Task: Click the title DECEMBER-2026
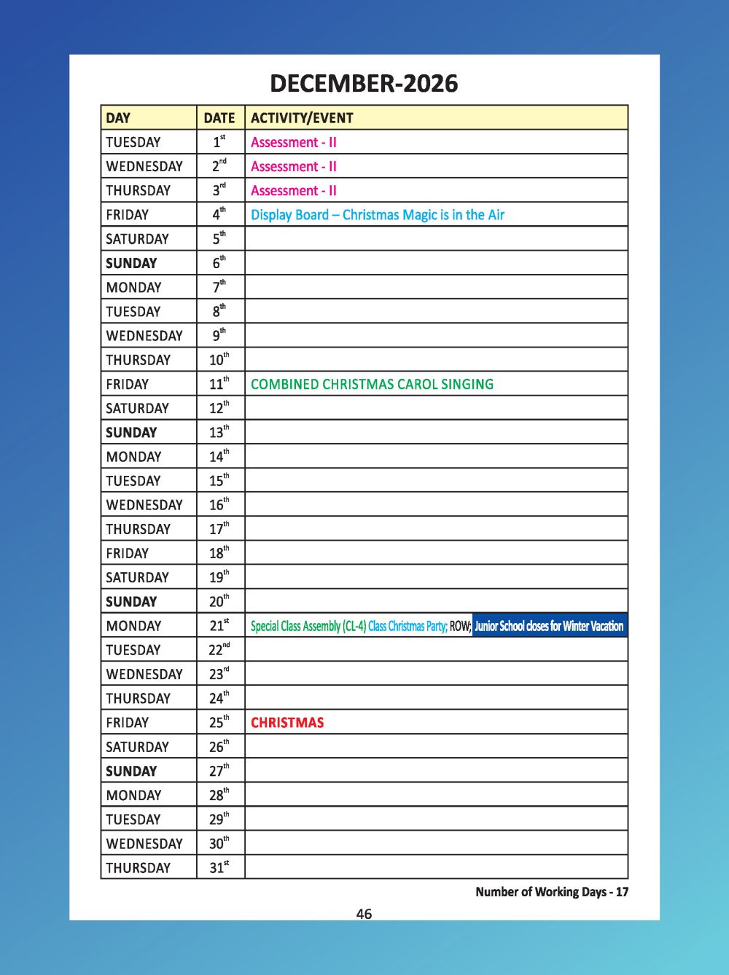coord(364,84)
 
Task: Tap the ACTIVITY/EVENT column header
coord(302,118)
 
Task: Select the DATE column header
coord(219,118)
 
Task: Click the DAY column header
coord(118,118)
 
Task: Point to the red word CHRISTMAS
coord(287,723)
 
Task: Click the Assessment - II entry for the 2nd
coord(294,167)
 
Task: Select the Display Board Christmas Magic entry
coord(378,215)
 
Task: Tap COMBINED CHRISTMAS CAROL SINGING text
coord(372,384)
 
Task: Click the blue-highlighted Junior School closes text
coord(549,626)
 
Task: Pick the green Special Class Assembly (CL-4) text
coord(308,626)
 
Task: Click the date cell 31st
coord(219,867)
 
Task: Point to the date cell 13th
coord(219,432)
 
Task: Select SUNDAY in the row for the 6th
coord(131,263)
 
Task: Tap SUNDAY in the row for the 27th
coord(131,771)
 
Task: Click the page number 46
coord(364,914)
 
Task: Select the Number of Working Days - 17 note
coord(552,891)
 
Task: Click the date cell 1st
coord(219,142)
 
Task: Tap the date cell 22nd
coord(219,649)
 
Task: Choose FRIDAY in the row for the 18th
coord(127,553)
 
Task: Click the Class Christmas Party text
coord(408,626)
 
